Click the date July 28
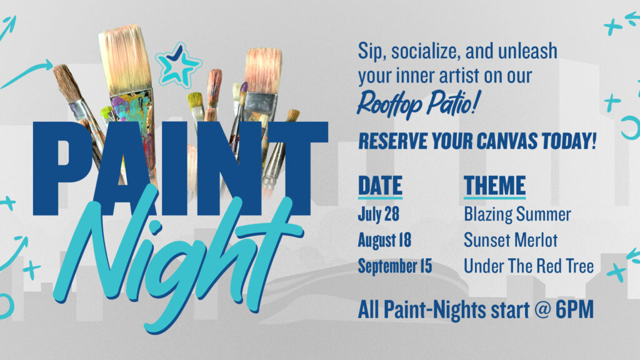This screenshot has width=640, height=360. pos(378,214)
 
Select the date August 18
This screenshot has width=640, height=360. pos(384,240)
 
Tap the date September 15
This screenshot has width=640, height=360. pos(395,266)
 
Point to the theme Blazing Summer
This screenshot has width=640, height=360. pos(517,214)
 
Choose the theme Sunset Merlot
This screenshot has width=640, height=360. pos(511,240)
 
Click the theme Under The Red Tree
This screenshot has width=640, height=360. pos(529,266)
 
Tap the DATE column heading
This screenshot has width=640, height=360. pos(380,186)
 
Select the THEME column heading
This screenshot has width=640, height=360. pos(495,186)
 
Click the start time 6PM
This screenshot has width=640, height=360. pos(574,310)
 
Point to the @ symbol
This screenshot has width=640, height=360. pos(542,310)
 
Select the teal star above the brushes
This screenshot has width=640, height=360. pos(178,64)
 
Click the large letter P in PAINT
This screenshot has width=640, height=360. pos(61,169)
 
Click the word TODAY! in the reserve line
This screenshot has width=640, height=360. pos(569,141)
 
